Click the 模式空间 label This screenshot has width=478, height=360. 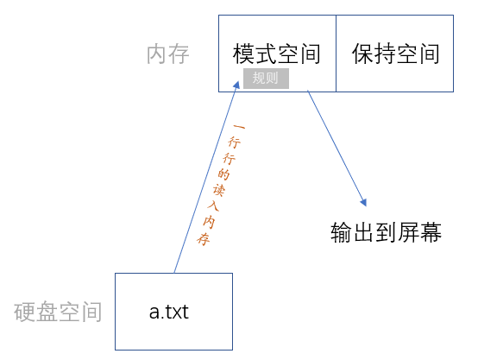point(276,54)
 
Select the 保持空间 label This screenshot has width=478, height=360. point(396,54)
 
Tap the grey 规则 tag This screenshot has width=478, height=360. point(266,79)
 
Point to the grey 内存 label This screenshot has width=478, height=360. point(168,54)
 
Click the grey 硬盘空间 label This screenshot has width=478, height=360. point(58,312)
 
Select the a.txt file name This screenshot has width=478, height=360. point(169,312)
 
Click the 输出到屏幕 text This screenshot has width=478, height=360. point(386,232)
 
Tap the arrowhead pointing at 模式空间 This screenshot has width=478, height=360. point(236,85)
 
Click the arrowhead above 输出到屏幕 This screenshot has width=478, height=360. point(363,203)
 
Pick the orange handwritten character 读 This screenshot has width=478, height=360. point(219,191)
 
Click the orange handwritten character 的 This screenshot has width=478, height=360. point(223,174)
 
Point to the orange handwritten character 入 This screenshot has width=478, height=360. point(213,206)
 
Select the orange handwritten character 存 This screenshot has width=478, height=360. point(204,239)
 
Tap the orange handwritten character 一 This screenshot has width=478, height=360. point(239,127)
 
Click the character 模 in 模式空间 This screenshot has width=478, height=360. point(243,54)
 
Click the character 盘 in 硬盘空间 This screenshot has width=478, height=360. point(47,312)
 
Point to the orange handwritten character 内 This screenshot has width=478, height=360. point(209,223)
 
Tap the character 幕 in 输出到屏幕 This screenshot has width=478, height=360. point(431,232)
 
